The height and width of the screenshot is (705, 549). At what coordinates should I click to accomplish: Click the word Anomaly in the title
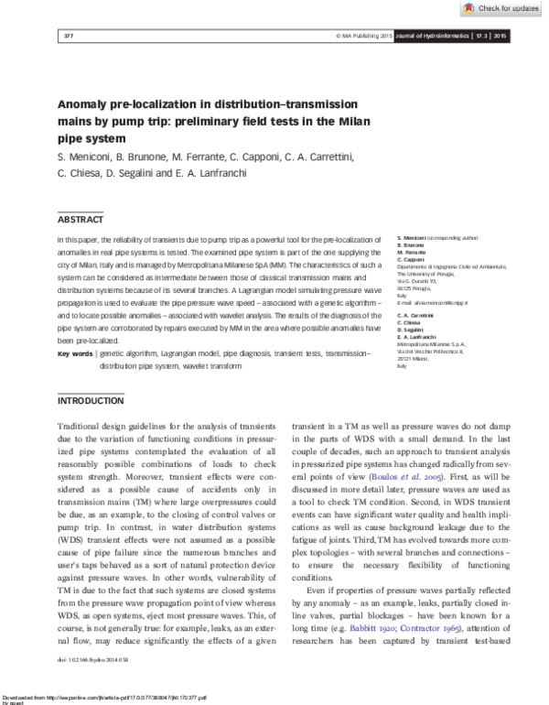(x=88, y=105)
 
